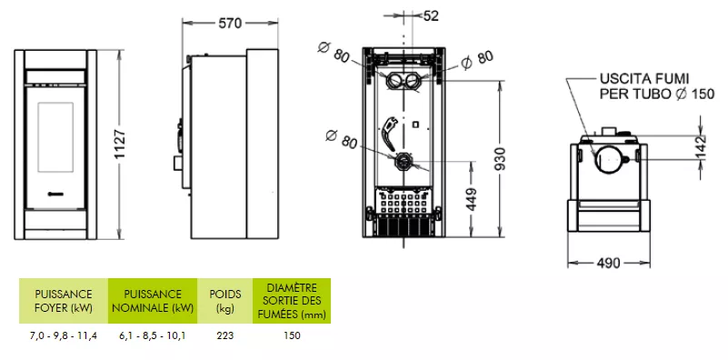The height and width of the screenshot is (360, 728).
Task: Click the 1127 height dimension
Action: tap(120, 145)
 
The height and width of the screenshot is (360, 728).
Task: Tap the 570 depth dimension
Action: tap(230, 24)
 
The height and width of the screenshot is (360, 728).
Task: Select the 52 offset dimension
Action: tap(431, 15)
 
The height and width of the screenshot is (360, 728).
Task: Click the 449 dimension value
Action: tap(472, 199)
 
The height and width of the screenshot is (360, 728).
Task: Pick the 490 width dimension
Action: tap(608, 264)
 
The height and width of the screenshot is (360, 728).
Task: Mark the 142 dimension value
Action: tap(701, 147)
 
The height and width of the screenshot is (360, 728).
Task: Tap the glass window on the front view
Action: tap(55, 137)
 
